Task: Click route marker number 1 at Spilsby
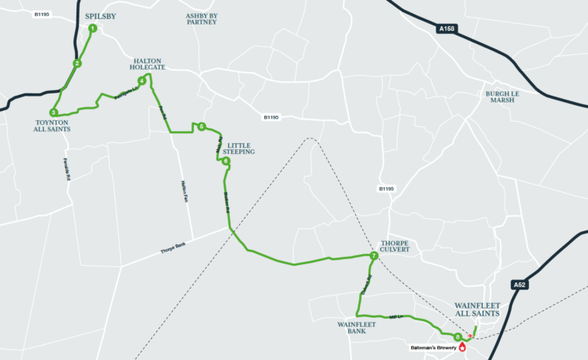92,28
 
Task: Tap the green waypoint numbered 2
77,63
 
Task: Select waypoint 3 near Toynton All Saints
53,113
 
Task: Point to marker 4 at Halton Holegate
142,80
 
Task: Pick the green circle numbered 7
373,255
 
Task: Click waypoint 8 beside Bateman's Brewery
458,336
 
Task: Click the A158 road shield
449,28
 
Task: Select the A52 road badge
520,285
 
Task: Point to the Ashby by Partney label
201,18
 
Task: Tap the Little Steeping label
239,148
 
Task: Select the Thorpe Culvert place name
395,247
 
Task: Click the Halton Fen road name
184,192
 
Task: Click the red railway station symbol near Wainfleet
470,335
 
